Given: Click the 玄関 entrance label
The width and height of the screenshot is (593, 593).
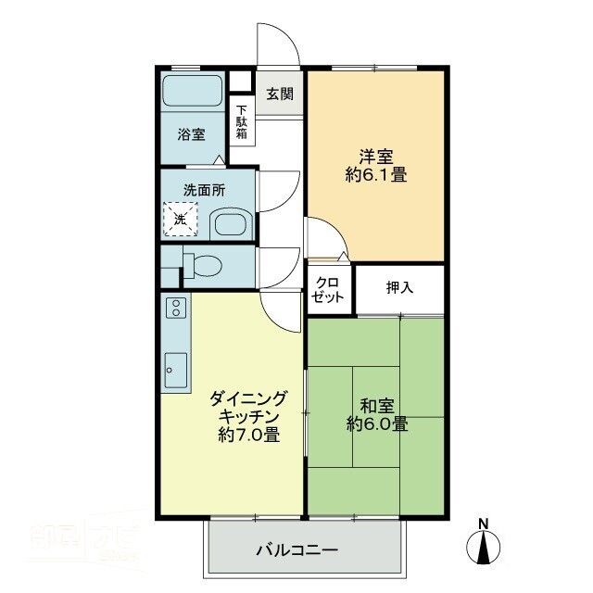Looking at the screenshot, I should pos(279,94).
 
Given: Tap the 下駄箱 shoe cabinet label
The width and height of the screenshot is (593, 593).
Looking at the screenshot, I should pos(241,122).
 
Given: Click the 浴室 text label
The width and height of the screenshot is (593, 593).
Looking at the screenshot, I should pos(192,134).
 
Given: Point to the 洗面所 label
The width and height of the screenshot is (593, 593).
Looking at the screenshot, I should pos(203,190).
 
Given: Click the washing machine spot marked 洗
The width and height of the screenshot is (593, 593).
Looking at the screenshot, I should pos(182,220).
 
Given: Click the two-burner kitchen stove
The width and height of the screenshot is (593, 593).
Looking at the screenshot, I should pos(176,309).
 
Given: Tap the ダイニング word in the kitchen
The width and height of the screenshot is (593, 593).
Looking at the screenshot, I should pos(249,398).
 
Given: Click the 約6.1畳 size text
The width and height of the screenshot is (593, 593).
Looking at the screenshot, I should pos(376,174).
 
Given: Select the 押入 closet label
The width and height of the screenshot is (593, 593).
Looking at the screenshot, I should pos(400,288).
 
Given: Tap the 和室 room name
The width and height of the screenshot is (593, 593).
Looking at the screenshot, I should pos(376,404).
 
